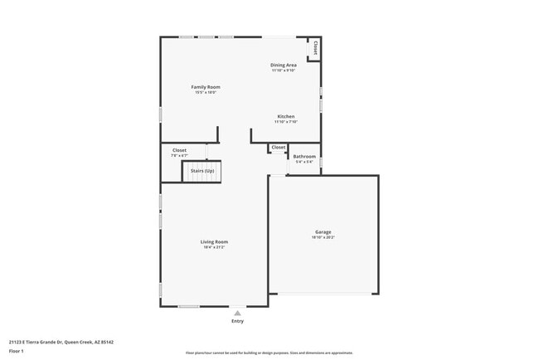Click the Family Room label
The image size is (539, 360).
click(206, 86)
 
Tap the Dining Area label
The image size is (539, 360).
click(284, 65)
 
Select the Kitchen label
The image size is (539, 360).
click(285, 116)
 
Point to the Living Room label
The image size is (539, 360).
click(214, 241)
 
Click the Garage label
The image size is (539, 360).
click(323, 231)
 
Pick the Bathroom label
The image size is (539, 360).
click(304, 156)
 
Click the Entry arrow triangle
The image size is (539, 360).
click(238, 313)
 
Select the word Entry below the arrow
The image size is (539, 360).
click(238, 321)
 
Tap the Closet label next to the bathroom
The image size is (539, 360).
click(279, 148)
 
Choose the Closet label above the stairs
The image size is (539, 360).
click(179, 150)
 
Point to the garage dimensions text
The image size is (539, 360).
click(323, 238)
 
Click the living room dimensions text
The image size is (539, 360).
click(214, 247)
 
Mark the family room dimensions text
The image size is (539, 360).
click(206, 92)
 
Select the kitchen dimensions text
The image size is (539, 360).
click(285, 122)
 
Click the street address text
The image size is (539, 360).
click(61, 342)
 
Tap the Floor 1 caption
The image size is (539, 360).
click(17, 351)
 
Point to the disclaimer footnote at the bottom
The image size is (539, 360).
click(269, 353)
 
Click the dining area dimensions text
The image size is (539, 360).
click(284, 71)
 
